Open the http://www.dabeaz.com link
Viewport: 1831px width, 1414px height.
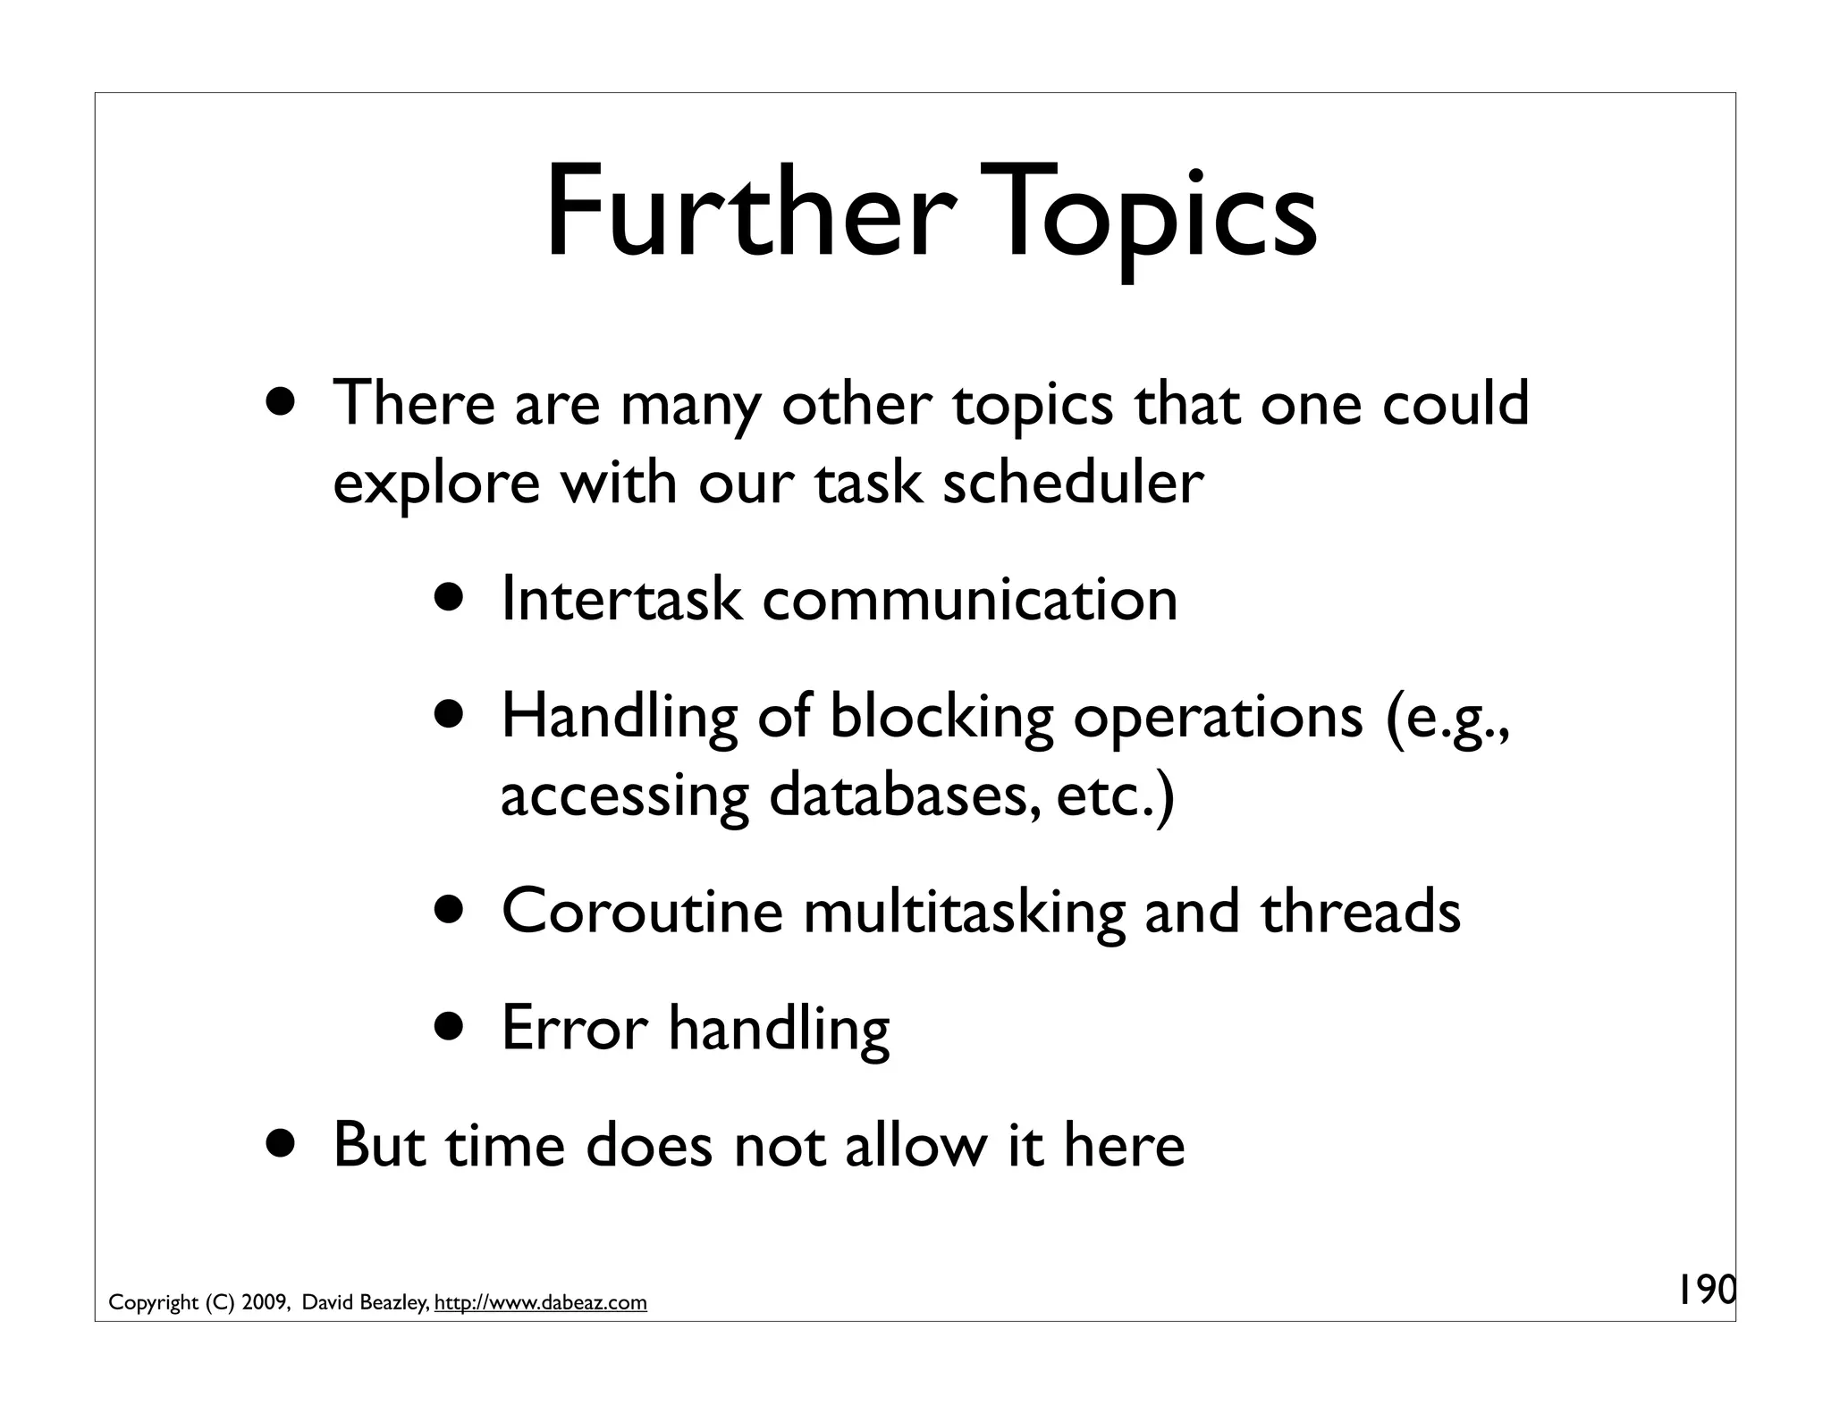(x=540, y=1302)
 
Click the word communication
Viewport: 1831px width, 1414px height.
(x=970, y=598)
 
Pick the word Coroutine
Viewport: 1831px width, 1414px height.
(x=642, y=911)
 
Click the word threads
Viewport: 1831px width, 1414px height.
(x=1361, y=911)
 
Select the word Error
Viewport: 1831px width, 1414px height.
(x=575, y=1027)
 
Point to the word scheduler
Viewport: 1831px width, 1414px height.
(x=1072, y=482)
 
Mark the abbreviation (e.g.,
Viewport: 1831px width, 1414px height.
(x=1447, y=718)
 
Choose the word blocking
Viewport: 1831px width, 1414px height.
(x=941, y=716)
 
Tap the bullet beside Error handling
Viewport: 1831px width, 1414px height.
(x=451, y=1027)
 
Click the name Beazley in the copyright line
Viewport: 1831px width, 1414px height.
(x=392, y=1302)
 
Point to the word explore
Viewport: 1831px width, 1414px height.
(x=436, y=484)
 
